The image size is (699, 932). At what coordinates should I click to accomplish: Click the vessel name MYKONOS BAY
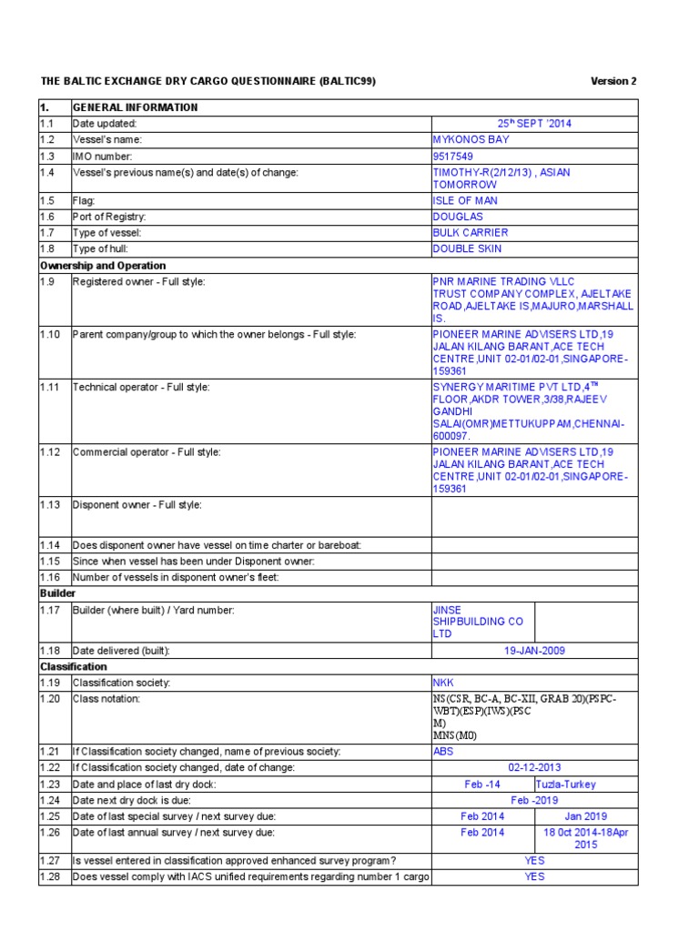click(471, 140)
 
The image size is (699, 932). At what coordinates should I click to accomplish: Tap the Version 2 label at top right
click(613, 81)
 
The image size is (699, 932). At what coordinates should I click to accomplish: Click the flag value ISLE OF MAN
click(465, 200)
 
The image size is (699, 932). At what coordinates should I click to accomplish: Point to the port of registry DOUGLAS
click(459, 217)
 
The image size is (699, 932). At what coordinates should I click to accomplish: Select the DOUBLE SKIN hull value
click(467, 248)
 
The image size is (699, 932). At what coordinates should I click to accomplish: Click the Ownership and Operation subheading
click(102, 266)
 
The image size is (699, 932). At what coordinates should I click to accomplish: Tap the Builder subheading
click(57, 593)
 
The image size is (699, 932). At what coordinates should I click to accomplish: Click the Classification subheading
click(73, 666)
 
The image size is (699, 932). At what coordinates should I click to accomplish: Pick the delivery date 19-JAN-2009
click(534, 651)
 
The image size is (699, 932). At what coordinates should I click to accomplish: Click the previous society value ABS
click(442, 751)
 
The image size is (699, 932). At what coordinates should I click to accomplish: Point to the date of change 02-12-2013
click(534, 767)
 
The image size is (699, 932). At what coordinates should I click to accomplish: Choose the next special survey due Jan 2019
click(586, 816)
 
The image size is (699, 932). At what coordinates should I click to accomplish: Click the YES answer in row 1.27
click(534, 860)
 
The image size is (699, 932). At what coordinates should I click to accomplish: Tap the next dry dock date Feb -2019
click(534, 800)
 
